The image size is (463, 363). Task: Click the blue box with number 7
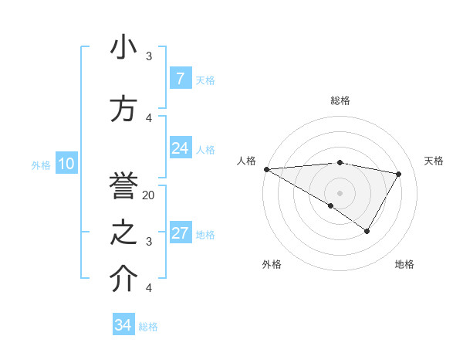pyautogui.click(x=180, y=79)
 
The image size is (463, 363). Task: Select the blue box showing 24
pyautogui.click(x=180, y=148)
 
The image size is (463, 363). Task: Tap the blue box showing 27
pyautogui.click(x=180, y=233)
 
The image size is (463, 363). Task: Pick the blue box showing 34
pyautogui.click(x=123, y=325)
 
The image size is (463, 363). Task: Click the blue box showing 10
pyautogui.click(x=66, y=164)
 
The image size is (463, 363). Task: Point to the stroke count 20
pyautogui.click(x=149, y=195)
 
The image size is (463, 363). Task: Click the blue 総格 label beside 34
pyautogui.click(x=149, y=327)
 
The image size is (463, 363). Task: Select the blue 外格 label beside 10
pyautogui.click(x=41, y=165)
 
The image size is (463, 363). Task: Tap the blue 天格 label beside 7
pyautogui.click(x=205, y=80)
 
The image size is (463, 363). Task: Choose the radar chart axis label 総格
pyautogui.click(x=340, y=100)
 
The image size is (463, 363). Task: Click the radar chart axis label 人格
pyautogui.click(x=247, y=161)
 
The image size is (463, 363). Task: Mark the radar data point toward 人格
pyautogui.click(x=266, y=169)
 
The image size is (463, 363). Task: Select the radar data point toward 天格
pyautogui.click(x=399, y=174)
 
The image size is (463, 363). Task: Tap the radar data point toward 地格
pyautogui.click(x=367, y=231)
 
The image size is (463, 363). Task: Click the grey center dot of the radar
pyautogui.click(x=340, y=192)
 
